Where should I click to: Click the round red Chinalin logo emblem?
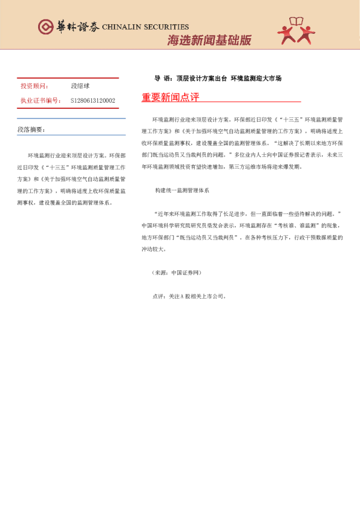[45, 27]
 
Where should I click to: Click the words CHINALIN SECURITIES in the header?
[145, 27]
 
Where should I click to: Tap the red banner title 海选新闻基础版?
[209, 41]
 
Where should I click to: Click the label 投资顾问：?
[35, 87]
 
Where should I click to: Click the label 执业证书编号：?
[41, 100]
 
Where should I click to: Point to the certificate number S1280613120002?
[93, 100]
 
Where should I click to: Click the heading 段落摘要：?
[31, 130]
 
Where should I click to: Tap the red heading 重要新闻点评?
[170, 97]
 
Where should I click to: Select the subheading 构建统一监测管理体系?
[182, 190]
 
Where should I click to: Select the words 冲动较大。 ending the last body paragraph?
[154, 248]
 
